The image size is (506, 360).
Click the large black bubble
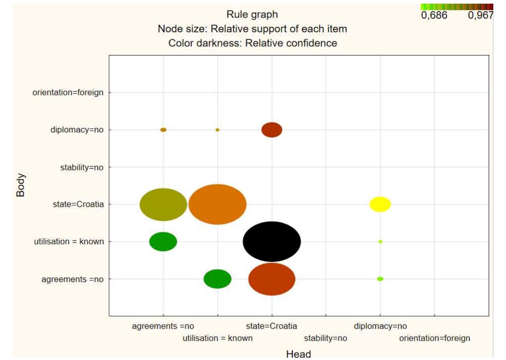[272, 241]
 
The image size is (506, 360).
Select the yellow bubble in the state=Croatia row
[380, 204]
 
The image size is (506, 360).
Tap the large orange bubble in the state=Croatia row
[217, 204]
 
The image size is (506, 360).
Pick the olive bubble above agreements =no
[163, 205]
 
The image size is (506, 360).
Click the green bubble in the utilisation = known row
[163, 242]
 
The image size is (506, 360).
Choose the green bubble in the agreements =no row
[217, 279]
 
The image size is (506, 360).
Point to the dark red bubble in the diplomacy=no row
[272, 130]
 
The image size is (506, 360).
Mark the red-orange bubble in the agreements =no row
[272, 279]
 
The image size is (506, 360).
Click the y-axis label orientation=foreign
[68, 92]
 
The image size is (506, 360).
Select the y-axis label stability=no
[82, 167]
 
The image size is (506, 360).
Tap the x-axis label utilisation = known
[218, 338]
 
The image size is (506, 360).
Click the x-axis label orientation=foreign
[435, 338]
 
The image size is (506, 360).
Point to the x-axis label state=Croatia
[271, 326]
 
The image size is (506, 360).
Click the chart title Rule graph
[252, 14]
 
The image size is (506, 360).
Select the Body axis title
[20, 185]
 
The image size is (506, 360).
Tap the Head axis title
[298, 354]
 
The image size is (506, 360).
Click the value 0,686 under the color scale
[434, 15]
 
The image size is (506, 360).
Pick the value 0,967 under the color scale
[481, 15]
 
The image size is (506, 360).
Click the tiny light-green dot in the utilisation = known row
[380, 242]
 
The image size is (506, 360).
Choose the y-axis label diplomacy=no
[77, 130]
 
